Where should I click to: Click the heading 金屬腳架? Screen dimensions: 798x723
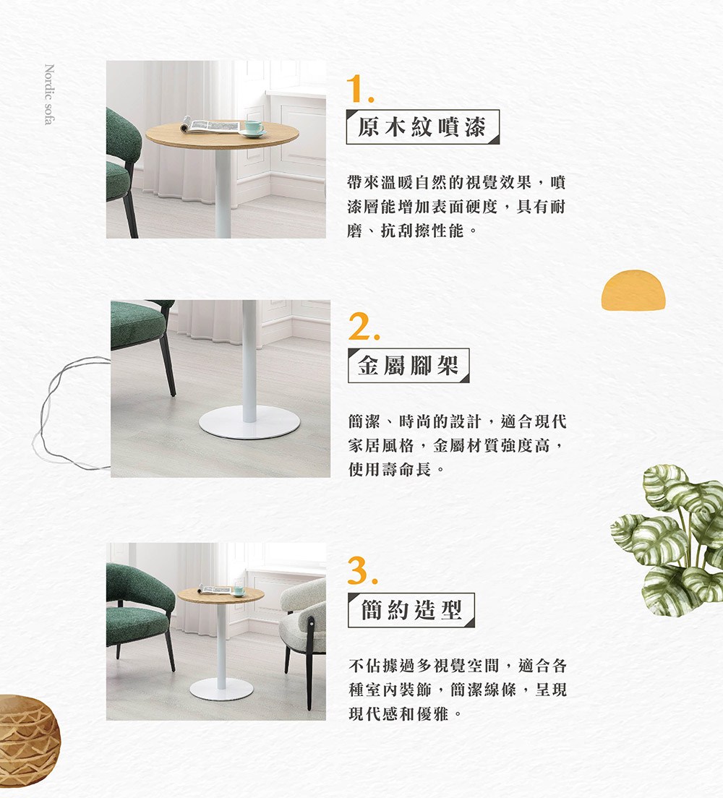408,366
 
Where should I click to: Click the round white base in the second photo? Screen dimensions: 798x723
249,424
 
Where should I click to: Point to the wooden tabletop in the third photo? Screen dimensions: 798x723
221,595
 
